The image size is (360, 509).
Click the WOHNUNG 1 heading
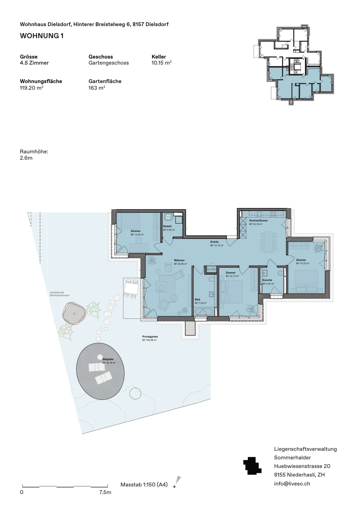[x=42, y=36]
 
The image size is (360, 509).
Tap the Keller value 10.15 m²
[x=162, y=63]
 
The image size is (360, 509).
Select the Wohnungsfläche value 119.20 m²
[x=31, y=88]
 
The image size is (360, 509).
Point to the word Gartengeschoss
[x=108, y=63]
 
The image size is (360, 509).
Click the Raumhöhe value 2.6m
[x=26, y=158]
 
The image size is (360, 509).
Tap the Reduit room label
[x=167, y=226]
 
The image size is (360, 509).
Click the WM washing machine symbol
[x=168, y=217]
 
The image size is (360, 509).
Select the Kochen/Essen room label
[x=259, y=220]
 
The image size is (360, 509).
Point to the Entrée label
[x=214, y=242]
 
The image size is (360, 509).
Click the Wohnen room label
[x=179, y=261]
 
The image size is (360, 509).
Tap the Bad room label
[x=197, y=299]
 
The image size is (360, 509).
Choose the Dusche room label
[x=267, y=280]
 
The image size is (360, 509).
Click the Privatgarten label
[x=150, y=337]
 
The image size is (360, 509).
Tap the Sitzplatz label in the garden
[x=108, y=359]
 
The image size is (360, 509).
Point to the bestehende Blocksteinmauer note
[x=60, y=294]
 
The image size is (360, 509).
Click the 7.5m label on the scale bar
[x=105, y=492]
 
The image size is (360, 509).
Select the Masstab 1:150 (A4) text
[x=144, y=485]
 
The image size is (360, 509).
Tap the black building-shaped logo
[x=252, y=466]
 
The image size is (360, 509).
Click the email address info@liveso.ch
[x=292, y=484]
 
